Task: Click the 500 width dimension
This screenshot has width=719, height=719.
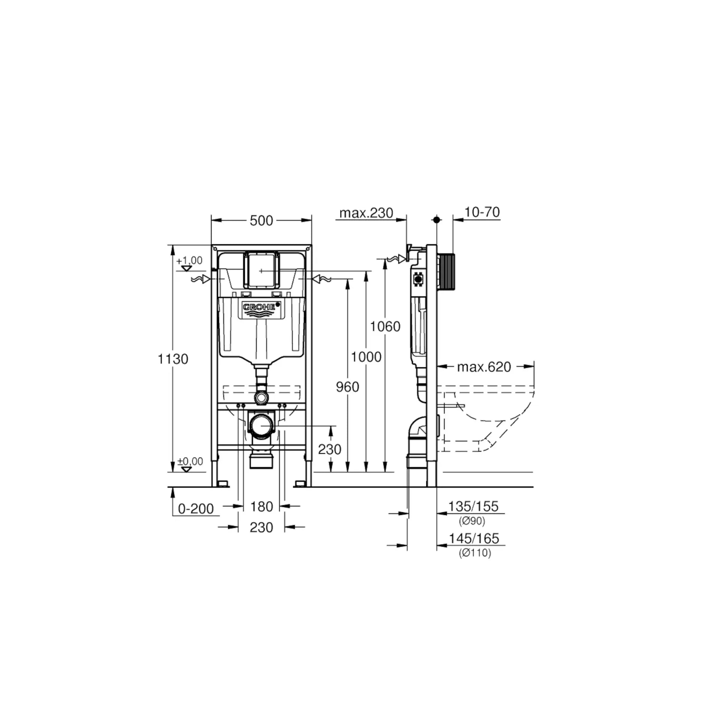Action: coord(261,221)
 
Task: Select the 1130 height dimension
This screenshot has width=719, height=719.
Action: coord(173,359)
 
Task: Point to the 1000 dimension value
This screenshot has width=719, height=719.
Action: coord(366,357)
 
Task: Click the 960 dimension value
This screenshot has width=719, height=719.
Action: coord(348,387)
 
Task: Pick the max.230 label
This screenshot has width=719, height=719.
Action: coord(366,213)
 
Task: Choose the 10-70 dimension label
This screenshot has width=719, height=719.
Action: coord(482,212)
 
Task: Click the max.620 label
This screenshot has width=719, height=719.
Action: coord(484,367)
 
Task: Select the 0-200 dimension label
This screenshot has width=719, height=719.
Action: coord(196,509)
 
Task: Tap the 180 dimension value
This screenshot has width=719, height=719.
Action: coord(261,507)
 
